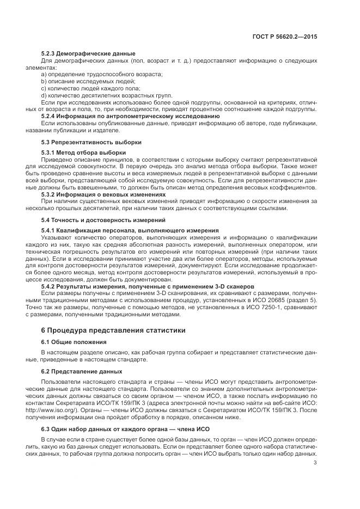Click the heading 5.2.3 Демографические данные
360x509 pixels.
point(88,53)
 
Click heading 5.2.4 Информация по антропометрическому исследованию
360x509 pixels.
point(130,116)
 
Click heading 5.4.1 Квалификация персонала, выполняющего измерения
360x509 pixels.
point(130,230)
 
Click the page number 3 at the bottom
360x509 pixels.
point(316,463)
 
